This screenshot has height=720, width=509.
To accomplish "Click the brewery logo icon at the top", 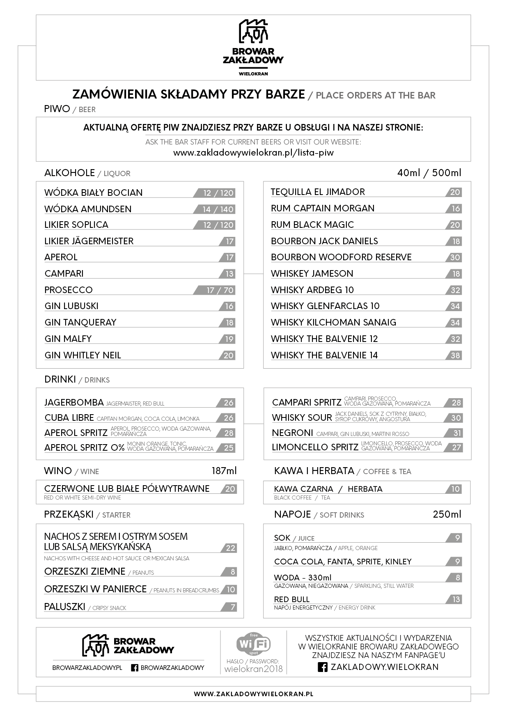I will click(253, 31).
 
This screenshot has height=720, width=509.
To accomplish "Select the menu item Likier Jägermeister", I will click(89, 241).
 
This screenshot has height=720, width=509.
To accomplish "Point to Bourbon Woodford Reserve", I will click(341, 257).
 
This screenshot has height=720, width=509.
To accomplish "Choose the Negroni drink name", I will click(292, 433).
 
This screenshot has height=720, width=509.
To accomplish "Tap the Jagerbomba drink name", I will click(74, 403).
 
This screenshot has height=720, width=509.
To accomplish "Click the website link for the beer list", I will click(253, 153).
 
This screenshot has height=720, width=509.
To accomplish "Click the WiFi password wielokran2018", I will click(254, 669).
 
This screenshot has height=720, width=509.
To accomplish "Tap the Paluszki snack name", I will click(65, 607).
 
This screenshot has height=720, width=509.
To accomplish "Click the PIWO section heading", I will click(57, 109).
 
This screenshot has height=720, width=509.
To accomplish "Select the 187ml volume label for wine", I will click(224, 471).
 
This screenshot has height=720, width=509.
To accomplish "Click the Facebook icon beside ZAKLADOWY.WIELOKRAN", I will click(323, 667).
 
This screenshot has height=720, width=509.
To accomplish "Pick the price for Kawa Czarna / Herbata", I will click(455, 489).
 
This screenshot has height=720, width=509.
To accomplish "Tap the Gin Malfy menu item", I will click(68, 339).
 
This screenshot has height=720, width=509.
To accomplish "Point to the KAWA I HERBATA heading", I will click(314, 471).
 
